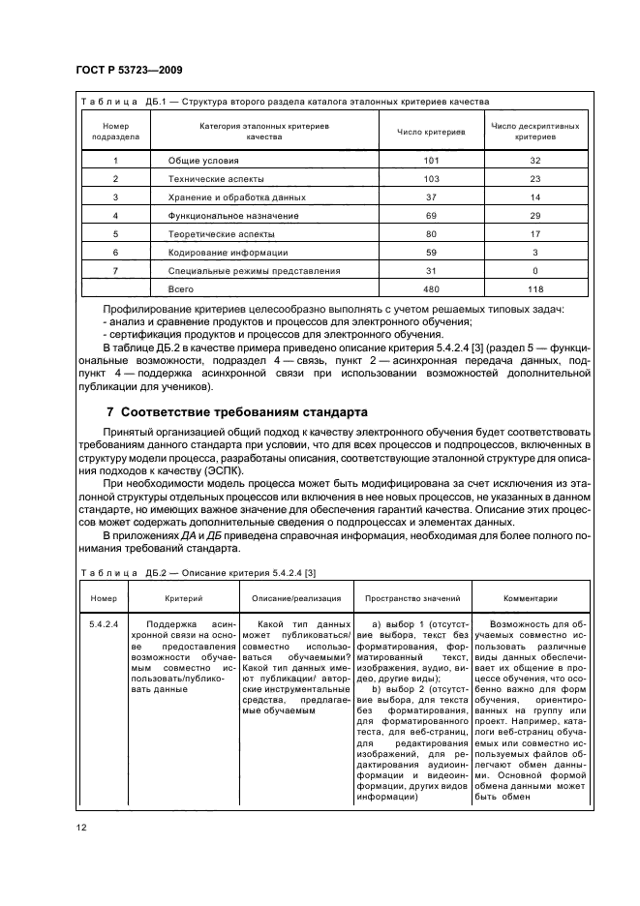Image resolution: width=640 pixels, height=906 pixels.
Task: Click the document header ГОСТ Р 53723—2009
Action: click(x=129, y=71)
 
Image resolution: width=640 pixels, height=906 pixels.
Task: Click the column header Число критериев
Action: click(x=431, y=132)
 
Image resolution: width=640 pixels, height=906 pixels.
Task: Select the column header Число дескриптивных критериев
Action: click(x=535, y=132)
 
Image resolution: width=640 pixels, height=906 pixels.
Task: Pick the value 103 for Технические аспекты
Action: click(x=431, y=179)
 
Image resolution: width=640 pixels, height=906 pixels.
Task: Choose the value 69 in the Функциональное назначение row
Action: click(x=431, y=216)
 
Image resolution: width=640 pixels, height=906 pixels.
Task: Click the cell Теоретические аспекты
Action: click(x=221, y=234)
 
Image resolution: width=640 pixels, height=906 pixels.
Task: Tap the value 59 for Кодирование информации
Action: click(x=431, y=252)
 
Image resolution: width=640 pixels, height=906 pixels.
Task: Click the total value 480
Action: click(x=431, y=288)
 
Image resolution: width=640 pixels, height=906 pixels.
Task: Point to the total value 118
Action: click(x=535, y=288)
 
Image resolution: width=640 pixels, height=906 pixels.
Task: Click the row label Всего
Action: click(x=181, y=288)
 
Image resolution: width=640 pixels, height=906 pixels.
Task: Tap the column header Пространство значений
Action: click(x=413, y=598)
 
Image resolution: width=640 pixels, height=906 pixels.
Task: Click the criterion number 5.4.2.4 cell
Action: click(x=103, y=625)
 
